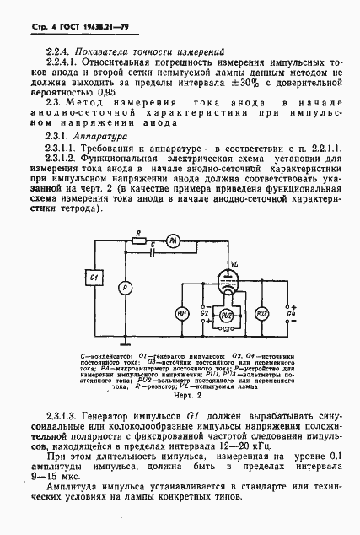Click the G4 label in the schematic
(x=292, y=315)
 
